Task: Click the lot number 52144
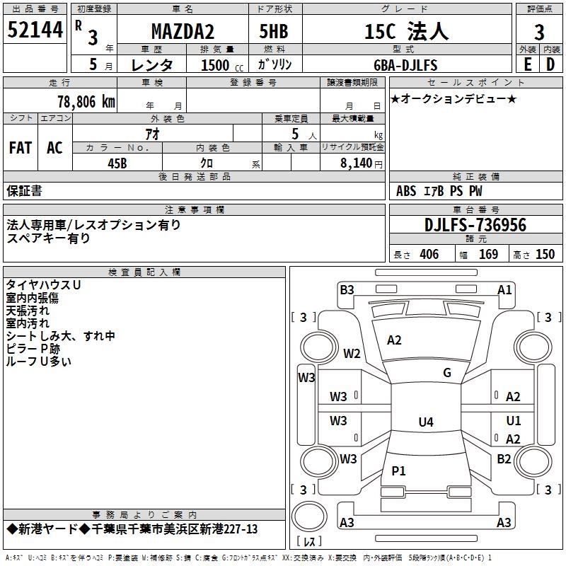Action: point(34,30)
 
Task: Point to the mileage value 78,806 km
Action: point(85,101)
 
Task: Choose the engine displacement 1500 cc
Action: point(216,65)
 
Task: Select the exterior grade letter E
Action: point(527,64)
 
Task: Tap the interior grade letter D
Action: point(550,64)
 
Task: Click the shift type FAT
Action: point(21,147)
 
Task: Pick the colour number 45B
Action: point(117,162)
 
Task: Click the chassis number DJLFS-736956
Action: point(475,225)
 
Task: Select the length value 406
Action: point(429,255)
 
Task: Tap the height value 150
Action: point(545,255)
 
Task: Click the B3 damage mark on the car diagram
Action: point(347,289)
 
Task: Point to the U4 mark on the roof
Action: point(425,422)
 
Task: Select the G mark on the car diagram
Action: point(446,373)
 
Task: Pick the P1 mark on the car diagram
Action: point(399,470)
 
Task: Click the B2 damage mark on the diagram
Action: point(504,458)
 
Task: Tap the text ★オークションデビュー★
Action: point(454,98)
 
